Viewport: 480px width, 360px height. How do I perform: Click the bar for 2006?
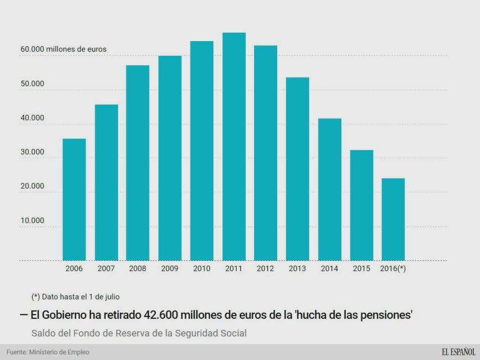point(74,200)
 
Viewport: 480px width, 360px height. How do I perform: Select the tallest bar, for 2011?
point(234,146)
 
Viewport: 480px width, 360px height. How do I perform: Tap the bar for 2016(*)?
point(393,219)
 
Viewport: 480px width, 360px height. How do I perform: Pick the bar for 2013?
point(297,169)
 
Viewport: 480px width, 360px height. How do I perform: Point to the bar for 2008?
point(138,163)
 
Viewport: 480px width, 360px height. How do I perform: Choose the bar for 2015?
point(361,205)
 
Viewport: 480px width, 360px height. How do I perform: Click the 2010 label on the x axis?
point(202,269)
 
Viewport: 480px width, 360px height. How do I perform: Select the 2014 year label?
point(329,269)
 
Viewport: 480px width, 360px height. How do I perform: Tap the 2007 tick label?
point(106,269)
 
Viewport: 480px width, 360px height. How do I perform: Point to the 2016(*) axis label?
point(393,269)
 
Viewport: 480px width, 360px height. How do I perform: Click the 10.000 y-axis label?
point(33,220)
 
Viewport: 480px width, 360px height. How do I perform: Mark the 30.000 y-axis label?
point(33,152)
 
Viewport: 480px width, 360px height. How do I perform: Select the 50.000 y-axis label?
point(33,83)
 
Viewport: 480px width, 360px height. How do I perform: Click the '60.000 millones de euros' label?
point(64,49)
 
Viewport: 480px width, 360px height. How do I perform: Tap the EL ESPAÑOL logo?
point(458,352)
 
